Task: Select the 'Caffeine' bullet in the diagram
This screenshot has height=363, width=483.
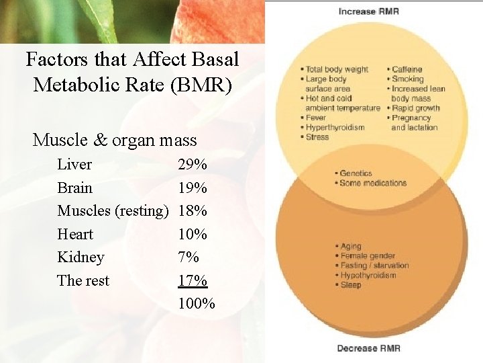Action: [x=406, y=69]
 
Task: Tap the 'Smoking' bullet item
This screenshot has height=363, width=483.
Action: [x=406, y=79]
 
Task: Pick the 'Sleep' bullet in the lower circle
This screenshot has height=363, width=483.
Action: [x=350, y=285]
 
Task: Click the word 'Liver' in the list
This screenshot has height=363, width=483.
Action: [x=74, y=164]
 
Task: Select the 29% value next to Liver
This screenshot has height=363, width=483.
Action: [x=193, y=164]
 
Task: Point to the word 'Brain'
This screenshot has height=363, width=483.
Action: [x=75, y=188]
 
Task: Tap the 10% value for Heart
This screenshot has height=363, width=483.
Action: [x=193, y=234]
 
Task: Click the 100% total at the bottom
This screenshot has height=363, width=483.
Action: [x=197, y=304]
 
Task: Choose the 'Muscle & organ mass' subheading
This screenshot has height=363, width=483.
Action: [x=115, y=140]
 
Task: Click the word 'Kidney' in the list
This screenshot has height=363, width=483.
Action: [x=80, y=257]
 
